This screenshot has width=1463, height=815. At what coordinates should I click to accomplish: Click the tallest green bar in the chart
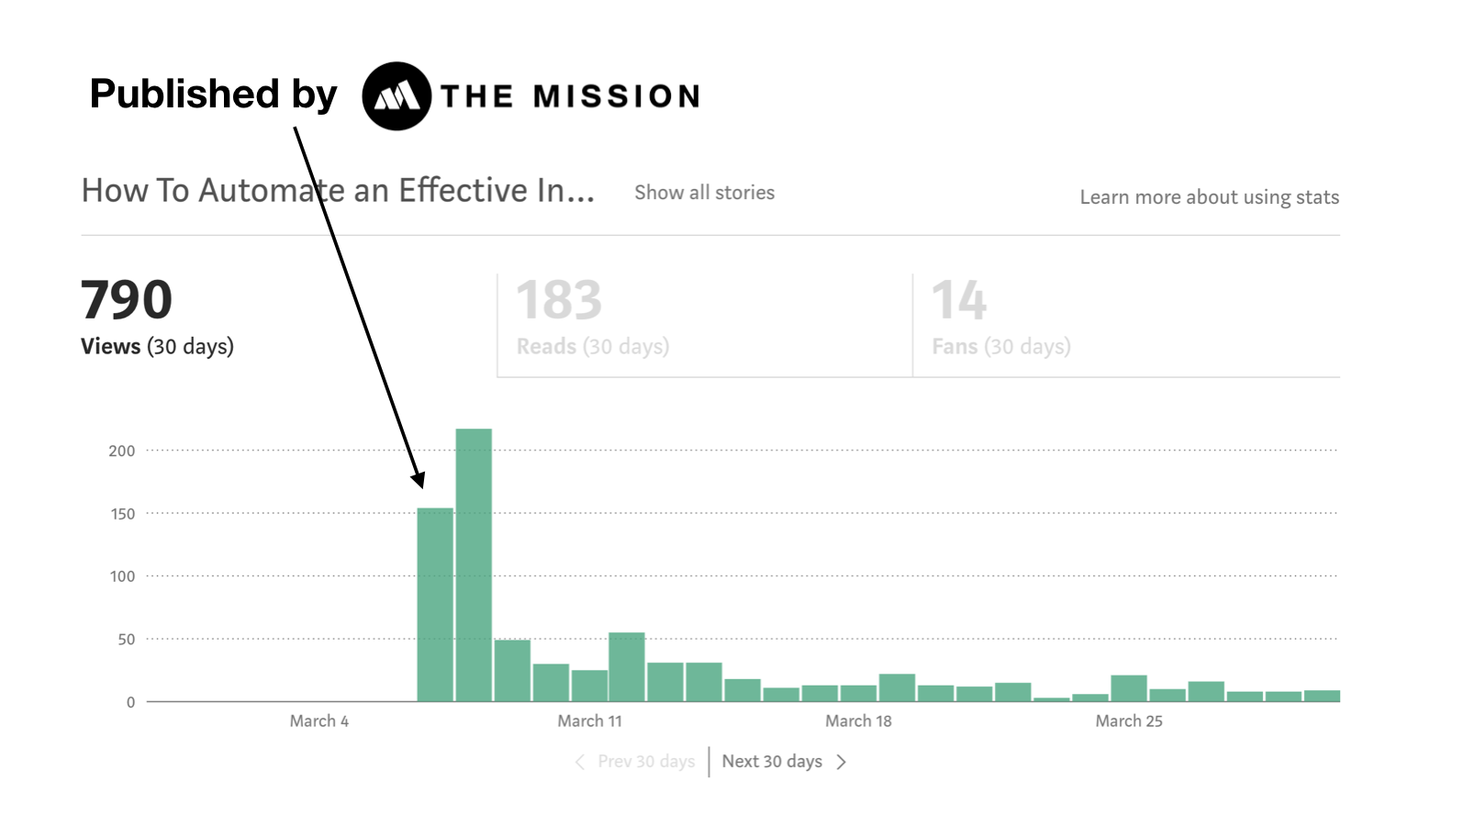(474, 564)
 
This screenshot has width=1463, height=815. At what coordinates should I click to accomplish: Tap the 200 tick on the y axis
(121, 451)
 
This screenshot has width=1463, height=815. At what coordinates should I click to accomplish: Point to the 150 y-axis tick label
(122, 514)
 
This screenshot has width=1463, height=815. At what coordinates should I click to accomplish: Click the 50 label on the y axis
(126, 640)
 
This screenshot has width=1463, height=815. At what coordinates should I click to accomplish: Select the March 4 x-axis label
(318, 721)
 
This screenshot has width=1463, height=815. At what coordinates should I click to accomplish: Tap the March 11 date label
(589, 721)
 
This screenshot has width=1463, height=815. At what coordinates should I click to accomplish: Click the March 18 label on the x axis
(858, 721)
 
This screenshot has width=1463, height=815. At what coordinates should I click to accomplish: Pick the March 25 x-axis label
(1128, 721)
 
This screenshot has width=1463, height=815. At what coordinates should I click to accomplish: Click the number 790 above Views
(127, 300)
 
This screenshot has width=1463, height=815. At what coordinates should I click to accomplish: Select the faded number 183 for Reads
(559, 300)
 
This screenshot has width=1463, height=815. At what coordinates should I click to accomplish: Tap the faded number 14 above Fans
(959, 300)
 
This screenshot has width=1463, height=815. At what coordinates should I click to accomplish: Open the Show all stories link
(704, 193)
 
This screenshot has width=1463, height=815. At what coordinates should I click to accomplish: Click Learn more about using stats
(1209, 197)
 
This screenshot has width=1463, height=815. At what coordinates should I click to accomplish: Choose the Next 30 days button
(772, 762)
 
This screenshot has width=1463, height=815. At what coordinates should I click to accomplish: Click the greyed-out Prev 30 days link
(645, 762)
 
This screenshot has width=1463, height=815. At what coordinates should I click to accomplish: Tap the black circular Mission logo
(396, 96)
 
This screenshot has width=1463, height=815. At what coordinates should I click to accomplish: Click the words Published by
(213, 94)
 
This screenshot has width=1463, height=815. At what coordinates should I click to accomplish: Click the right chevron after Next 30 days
(841, 762)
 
